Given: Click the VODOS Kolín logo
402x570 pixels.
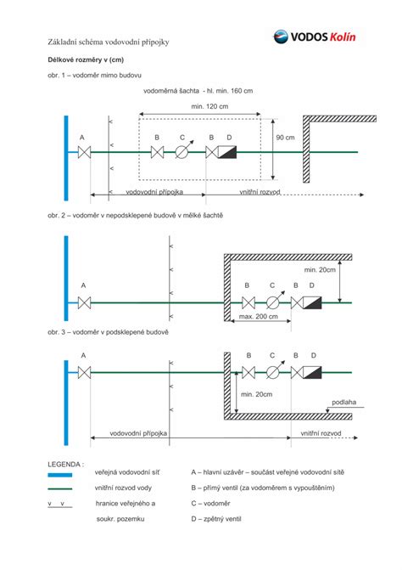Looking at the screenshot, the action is (314, 37).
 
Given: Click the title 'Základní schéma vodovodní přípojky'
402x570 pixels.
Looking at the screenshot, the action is (109, 42).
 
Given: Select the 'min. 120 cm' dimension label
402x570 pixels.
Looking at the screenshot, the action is (209, 106).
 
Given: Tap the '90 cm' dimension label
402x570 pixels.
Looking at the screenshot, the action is (285, 138).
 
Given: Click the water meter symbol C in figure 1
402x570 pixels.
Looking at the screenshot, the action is (183, 151).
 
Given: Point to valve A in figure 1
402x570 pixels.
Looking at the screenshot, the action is (84, 152).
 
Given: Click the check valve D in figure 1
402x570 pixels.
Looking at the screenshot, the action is (226, 152).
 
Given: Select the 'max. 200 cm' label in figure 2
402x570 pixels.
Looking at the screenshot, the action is (259, 316).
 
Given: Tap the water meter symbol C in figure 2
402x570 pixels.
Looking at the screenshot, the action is (274, 302).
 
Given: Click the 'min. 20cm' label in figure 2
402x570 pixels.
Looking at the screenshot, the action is (320, 270).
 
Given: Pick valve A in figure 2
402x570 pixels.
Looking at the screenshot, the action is (84, 302).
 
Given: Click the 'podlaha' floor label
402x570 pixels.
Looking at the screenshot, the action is (344, 402).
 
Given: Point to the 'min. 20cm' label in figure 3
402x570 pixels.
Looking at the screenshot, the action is (256, 394).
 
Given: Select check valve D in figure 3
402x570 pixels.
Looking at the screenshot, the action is (312, 373).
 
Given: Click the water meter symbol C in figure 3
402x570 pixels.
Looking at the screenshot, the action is (274, 371).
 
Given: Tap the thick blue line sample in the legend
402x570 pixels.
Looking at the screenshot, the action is (60, 475).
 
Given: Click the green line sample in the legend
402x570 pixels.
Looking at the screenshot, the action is (60, 489).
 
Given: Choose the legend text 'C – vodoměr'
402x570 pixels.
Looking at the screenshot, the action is (211, 504).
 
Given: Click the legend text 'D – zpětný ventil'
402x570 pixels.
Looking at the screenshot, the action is (216, 519).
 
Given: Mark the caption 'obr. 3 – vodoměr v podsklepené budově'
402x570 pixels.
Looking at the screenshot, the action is (108, 332).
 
